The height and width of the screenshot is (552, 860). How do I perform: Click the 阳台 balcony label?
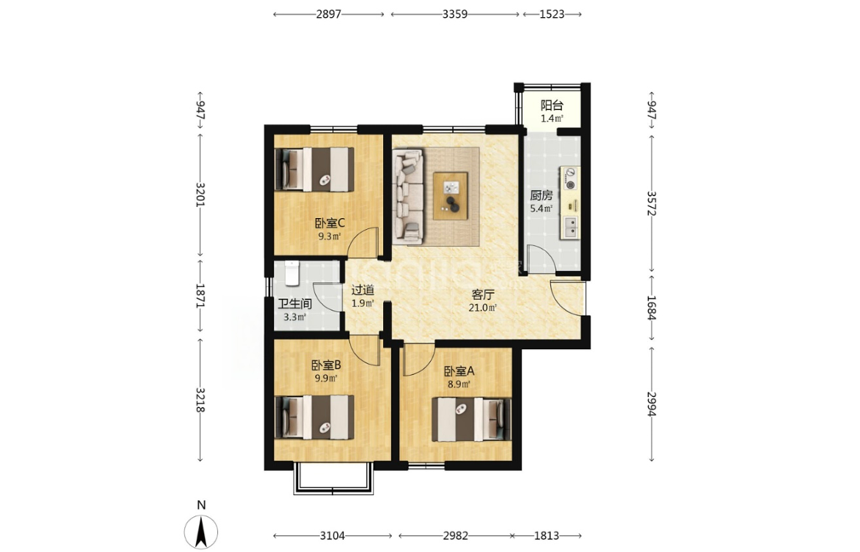(x=551, y=105)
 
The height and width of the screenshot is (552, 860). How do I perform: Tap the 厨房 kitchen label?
(x=541, y=195)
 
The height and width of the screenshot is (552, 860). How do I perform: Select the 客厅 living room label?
(x=483, y=294)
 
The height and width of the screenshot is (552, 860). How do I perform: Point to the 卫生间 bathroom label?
(x=295, y=304)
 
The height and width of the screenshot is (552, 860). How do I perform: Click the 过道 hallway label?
(x=363, y=290)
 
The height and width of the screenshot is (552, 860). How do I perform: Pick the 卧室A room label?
(x=459, y=371)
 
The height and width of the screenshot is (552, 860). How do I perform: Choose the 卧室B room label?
(x=326, y=365)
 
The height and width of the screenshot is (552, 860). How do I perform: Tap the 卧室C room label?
(x=329, y=223)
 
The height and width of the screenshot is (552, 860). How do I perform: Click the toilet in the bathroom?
(x=292, y=273)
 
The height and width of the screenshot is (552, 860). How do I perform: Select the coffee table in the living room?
(x=450, y=196)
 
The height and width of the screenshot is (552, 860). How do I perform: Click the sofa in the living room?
(x=408, y=196)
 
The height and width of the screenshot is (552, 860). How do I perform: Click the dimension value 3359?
(x=455, y=14)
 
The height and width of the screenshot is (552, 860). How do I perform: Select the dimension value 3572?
(x=651, y=203)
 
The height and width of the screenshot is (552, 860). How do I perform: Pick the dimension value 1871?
(x=200, y=296)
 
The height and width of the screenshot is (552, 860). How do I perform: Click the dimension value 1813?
(x=547, y=536)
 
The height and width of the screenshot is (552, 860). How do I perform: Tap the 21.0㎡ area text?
(x=483, y=308)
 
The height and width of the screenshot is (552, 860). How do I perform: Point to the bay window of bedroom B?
(x=334, y=479)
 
